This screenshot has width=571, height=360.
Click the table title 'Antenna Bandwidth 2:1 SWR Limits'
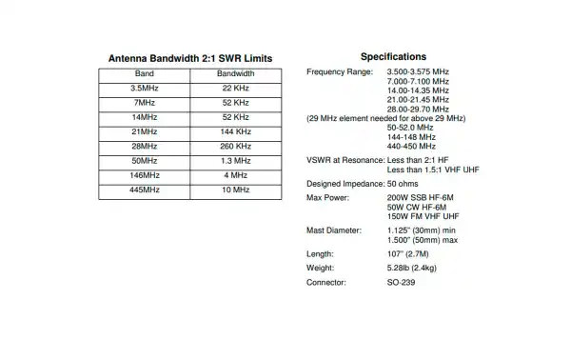189,58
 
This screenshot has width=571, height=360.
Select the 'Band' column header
145,73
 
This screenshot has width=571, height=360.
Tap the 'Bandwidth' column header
235,73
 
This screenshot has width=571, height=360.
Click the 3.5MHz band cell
145,88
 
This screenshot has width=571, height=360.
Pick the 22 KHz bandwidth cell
235,88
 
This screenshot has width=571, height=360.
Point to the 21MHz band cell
145,131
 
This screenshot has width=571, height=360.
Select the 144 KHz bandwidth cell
235,131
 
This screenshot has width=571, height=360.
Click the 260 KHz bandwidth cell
235,147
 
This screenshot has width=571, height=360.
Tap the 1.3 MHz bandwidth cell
235,161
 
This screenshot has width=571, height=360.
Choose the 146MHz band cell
145,176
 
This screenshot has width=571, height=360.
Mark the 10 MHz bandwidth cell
235,190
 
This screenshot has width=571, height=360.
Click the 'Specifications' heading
393,57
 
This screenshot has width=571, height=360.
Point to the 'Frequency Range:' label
340,72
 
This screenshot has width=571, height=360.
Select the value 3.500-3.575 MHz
419,72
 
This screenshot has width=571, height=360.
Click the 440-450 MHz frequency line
411,147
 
